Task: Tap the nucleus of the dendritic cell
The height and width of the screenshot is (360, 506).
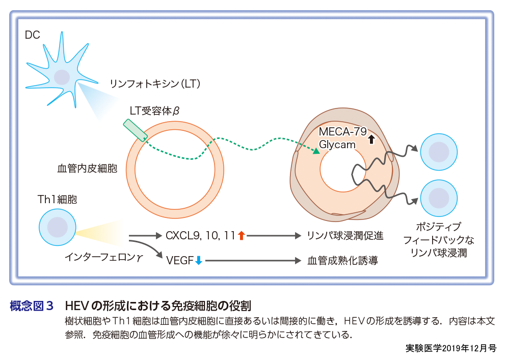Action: click(x=62, y=77)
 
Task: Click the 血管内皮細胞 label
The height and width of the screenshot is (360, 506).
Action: click(x=87, y=169)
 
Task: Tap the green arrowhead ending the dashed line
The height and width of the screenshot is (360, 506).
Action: click(x=316, y=151)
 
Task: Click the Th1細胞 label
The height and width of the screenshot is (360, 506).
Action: click(x=57, y=200)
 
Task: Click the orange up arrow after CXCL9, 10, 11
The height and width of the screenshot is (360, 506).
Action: click(x=241, y=235)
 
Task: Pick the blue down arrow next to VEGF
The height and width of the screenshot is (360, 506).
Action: click(x=199, y=261)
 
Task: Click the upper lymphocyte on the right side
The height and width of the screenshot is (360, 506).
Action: click(x=438, y=152)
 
